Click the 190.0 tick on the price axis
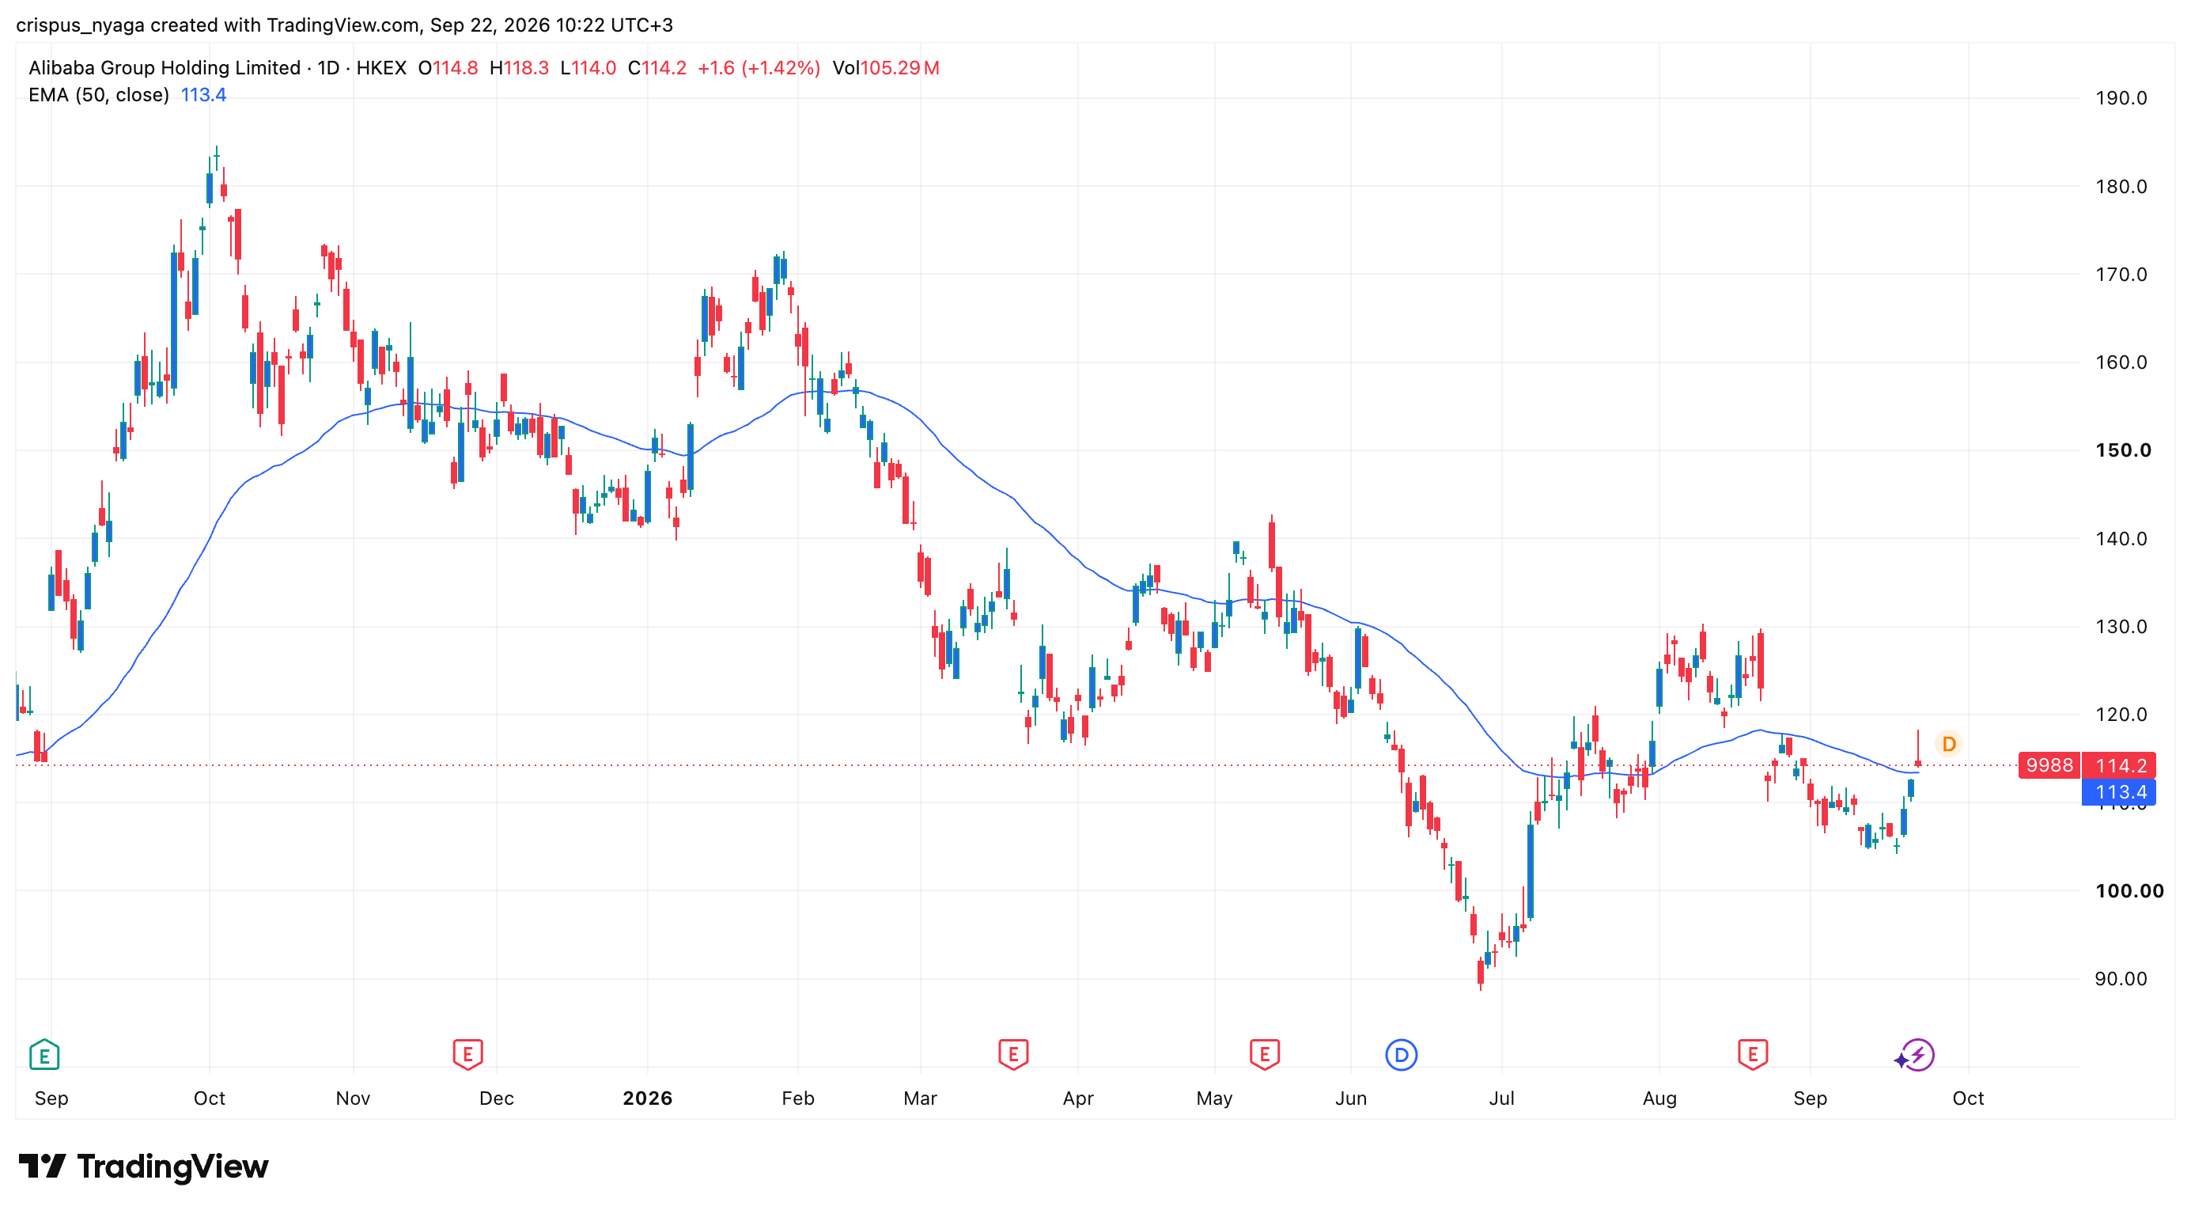[x=2121, y=98]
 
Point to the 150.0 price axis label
[x=2123, y=450]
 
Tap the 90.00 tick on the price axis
[x=2121, y=978]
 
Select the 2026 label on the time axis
[x=647, y=1098]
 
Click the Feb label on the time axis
[x=798, y=1098]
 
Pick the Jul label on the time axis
[x=1501, y=1098]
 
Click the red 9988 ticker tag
[x=2049, y=765]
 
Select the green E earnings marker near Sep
[x=44, y=1055]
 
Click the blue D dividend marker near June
[x=1401, y=1055]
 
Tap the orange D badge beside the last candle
[x=1949, y=745]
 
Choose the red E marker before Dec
[x=467, y=1055]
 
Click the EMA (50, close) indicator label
[x=99, y=94]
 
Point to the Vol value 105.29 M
[x=899, y=68]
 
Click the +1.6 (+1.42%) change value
[x=759, y=68]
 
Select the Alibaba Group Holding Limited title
[x=165, y=68]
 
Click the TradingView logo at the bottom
[x=144, y=1166]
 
